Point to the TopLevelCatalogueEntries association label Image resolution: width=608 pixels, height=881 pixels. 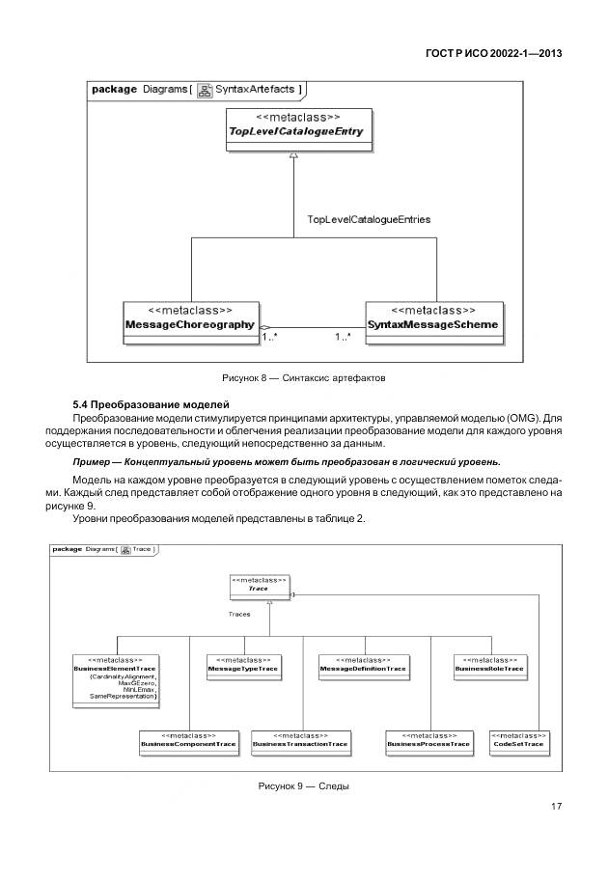pyautogui.click(x=368, y=219)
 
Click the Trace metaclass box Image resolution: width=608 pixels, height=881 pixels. pyautogui.click(x=258, y=585)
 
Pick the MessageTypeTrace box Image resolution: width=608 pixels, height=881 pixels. pyautogui.click(x=242, y=665)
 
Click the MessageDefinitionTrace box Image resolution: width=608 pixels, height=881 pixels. pyautogui.click(x=362, y=665)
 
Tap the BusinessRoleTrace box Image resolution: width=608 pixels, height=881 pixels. pyautogui.click(x=488, y=665)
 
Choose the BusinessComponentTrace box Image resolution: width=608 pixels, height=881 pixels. pyautogui.click(x=187, y=741)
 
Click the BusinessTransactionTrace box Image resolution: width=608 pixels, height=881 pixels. pyautogui.click(x=299, y=741)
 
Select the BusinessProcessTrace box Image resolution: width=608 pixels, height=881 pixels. pyautogui.click(x=428, y=741)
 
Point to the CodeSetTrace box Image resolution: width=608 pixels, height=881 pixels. pyautogui.click(x=518, y=741)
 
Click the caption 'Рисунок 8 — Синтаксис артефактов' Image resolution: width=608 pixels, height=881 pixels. pyautogui.click(x=303, y=376)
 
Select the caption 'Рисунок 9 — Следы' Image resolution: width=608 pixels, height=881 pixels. pyautogui.click(x=303, y=786)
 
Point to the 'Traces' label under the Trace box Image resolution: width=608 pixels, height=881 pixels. pyautogui.click(x=239, y=614)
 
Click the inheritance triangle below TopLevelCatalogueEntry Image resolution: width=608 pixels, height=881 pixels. pyautogui.click(x=294, y=154)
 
